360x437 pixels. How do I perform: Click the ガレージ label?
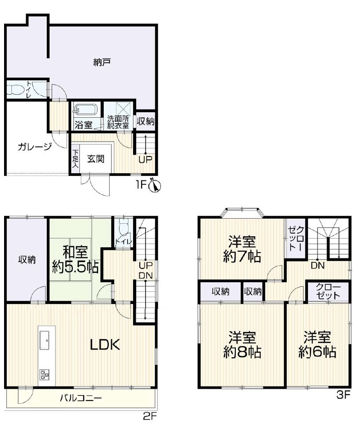(35, 146)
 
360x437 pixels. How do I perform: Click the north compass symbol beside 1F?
(157, 185)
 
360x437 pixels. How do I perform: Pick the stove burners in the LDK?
(45, 374)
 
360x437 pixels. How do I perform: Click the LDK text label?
(105, 345)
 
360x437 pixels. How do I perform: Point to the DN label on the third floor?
(318, 266)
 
